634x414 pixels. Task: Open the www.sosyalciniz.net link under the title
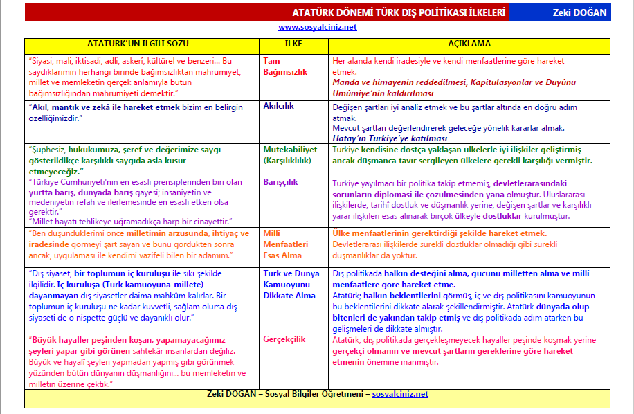pos(317,27)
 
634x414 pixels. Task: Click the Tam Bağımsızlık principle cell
pos(285,66)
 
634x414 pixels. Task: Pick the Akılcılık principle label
pos(280,107)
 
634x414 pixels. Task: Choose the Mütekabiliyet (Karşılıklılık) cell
pos(290,154)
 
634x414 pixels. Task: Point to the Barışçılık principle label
pos(280,183)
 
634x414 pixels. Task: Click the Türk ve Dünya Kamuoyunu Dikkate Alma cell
pos(293,284)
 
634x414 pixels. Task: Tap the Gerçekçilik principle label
pos(284,340)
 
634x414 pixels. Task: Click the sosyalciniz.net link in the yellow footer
pos(399,394)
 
